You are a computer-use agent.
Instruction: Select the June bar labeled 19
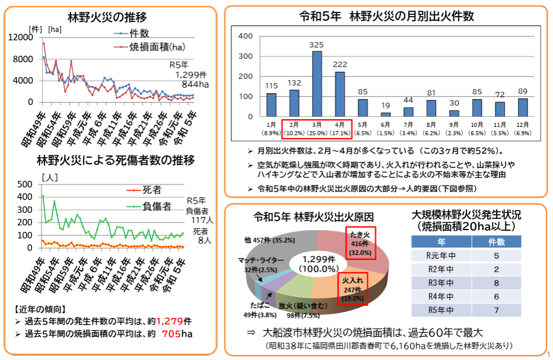(386, 114)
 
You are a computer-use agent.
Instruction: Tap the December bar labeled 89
(522, 107)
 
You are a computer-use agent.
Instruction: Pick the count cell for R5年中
(495, 310)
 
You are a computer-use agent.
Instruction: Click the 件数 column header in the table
(495, 242)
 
